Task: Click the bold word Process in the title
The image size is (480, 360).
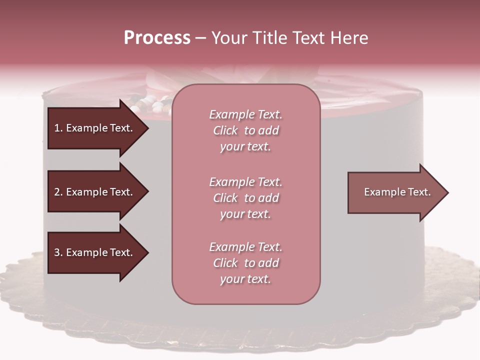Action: coord(157,38)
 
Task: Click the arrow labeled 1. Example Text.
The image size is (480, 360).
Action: coord(95,128)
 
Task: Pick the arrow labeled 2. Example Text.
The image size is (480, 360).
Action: coord(95,192)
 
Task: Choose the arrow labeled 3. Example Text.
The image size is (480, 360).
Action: coord(95,253)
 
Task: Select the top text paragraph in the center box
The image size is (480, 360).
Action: coord(245,130)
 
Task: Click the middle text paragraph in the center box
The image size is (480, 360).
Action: coord(245,198)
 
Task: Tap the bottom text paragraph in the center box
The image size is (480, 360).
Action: coord(245,263)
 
